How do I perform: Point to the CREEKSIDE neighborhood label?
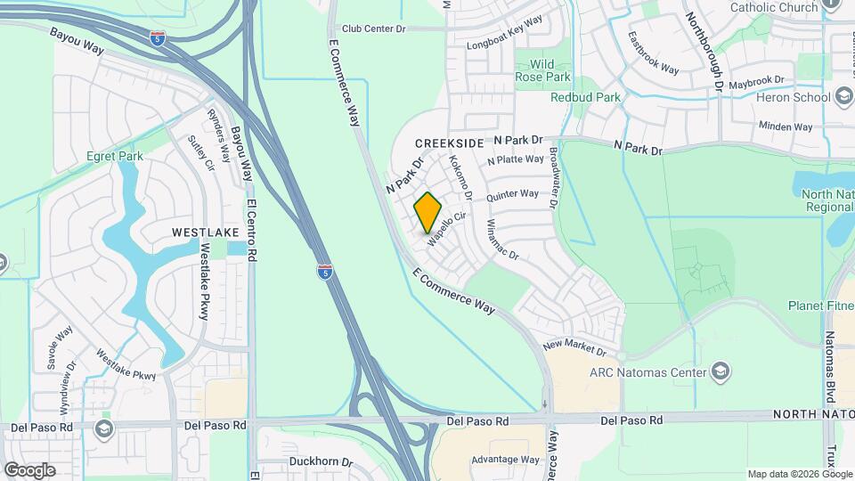coord(450,143)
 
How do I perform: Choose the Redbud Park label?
coord(584,96)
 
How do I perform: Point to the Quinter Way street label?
coord(512,194)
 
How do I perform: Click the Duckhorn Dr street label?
coord(322,462)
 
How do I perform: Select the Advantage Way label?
coord(505,460)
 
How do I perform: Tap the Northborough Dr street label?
coord(703,52)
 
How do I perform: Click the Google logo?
coord(29,469)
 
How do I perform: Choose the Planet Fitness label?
coord(820,306)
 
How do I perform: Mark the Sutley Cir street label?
coord(197,153)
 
